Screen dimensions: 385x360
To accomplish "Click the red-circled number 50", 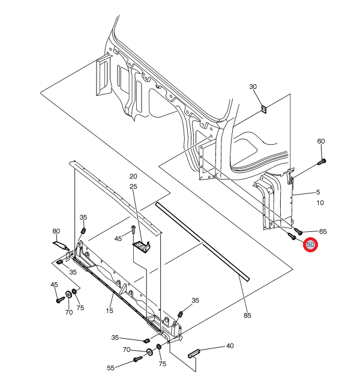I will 311,245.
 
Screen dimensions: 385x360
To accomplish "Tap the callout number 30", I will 253,87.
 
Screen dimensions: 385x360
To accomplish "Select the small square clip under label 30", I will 264,109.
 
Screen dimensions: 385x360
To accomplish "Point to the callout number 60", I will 321,141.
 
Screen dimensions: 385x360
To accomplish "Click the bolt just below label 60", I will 323,161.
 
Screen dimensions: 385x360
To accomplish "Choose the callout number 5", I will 318,193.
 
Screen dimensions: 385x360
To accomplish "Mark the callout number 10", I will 320,203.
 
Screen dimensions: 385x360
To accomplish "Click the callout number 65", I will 323,231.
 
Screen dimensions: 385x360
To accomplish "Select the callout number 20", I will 133,177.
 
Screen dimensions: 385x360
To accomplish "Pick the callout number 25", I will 133,187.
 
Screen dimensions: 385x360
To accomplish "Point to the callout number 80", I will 56,231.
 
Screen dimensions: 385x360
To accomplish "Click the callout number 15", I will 110,311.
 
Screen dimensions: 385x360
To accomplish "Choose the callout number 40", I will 230,347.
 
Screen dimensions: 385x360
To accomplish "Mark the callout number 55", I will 110,368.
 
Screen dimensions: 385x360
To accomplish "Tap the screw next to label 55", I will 136,360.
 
